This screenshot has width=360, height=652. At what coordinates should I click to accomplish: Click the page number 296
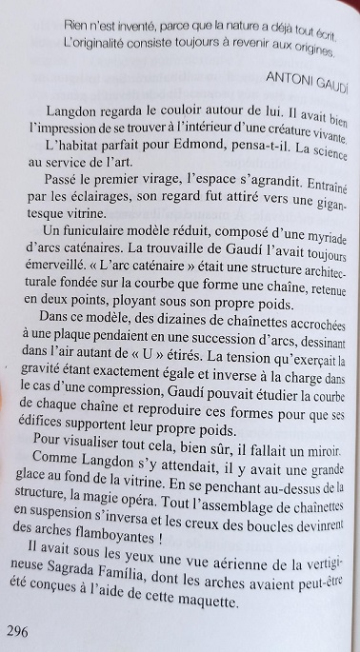click(19, 605)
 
